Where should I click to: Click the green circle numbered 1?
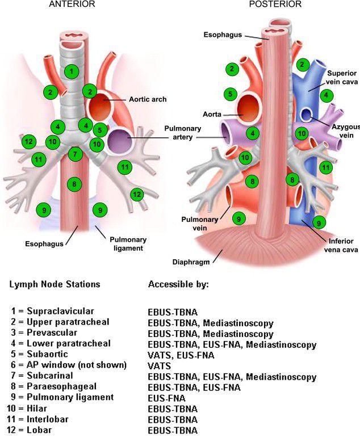tap(70, 71)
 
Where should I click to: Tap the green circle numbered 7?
tap(74, 153)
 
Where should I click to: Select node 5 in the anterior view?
tap(99, 129)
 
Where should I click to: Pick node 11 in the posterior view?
tap(325, 167)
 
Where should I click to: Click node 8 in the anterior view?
tap(72, 183)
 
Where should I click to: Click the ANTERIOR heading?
tap(72, 5)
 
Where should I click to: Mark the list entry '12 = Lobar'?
tap(37, 429)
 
